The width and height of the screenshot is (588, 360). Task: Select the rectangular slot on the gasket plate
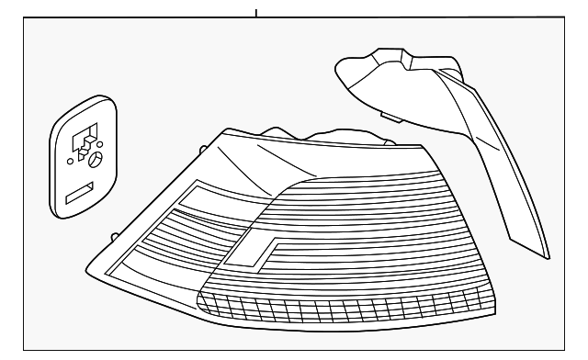[x=79, y=193]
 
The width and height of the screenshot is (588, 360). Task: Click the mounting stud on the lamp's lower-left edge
[x=113, y=236]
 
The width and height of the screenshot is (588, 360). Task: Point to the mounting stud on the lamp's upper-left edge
[x=200, y=148]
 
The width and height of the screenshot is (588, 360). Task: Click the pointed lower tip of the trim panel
[x=546, y=259]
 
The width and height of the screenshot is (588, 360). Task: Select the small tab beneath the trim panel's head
[x=388, y=115]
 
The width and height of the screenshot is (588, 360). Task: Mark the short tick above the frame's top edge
[x=255, y=13]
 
